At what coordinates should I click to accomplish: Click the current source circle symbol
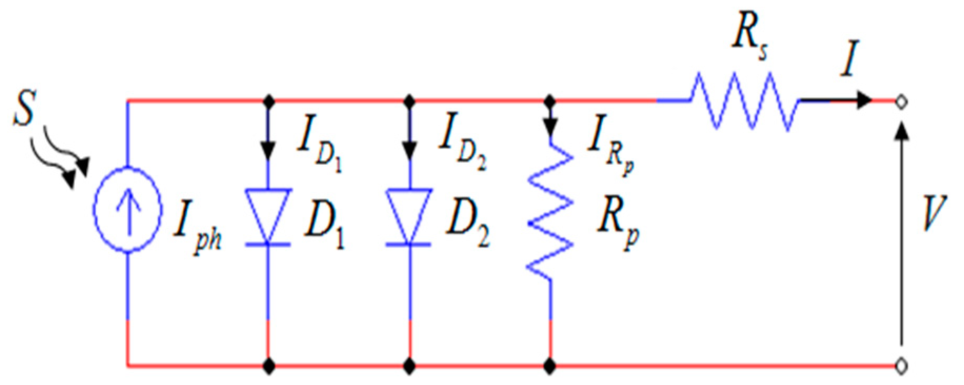(x=127, y=210)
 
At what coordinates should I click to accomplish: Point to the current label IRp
(x=610, y=145)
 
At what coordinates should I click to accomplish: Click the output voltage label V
(x=934, y=213)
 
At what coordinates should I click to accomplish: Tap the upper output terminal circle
(x=901, y=102)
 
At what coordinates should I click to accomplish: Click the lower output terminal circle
(x=901, y=364)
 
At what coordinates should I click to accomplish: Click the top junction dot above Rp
(x=550, y=100)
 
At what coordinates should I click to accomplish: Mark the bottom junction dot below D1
(x=269, y=364)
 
